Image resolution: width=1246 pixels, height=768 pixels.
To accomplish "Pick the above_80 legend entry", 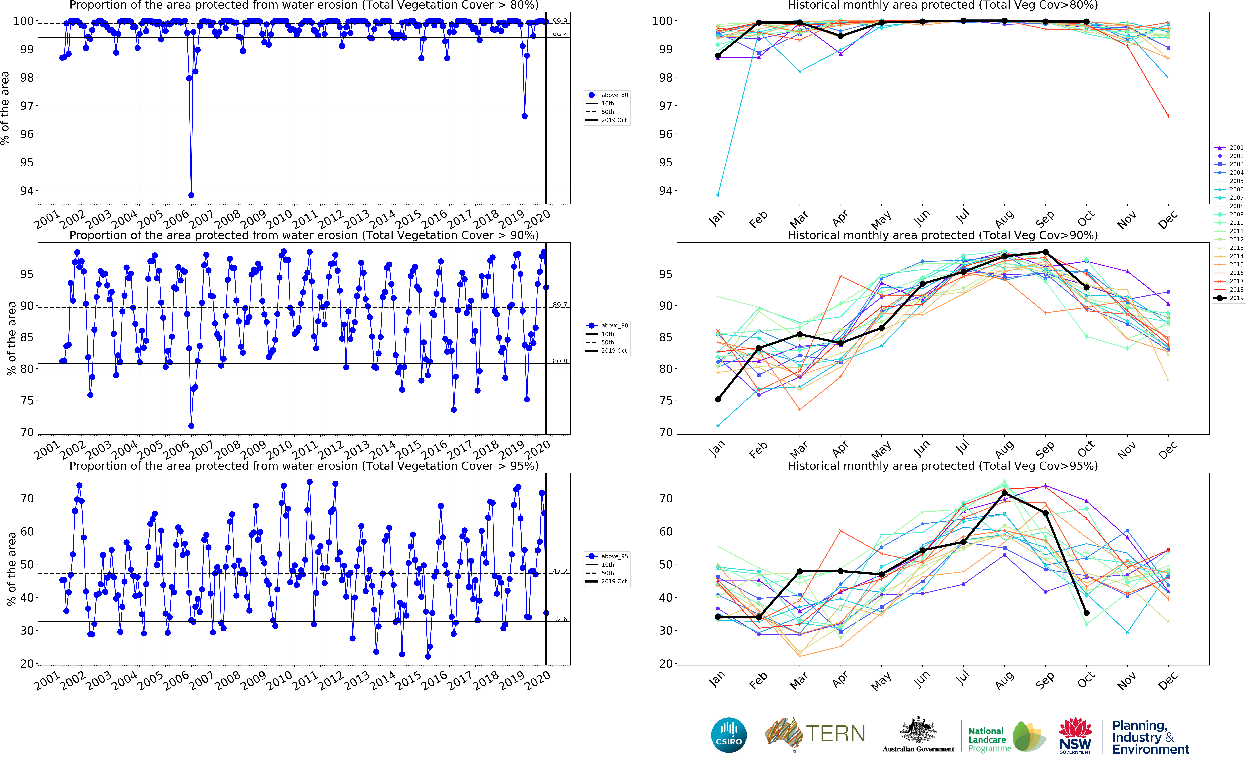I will (x=607, y=95).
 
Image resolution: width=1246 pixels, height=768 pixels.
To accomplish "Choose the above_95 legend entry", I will (x=607, y=556).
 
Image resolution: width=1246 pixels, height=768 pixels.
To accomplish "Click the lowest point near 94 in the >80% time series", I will (x=191, y=195).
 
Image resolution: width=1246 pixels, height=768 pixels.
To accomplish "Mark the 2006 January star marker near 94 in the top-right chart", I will (x=717, y=195).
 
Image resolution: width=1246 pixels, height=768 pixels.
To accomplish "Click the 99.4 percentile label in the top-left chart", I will (x=560, y=35).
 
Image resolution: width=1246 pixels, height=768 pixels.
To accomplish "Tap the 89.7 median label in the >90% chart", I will (x=560, y=305).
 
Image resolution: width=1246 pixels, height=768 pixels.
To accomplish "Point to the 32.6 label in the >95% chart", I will (x=560, y=619).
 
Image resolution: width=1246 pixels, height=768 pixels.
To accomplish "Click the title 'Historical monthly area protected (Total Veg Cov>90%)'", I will (x=942, y=235).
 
